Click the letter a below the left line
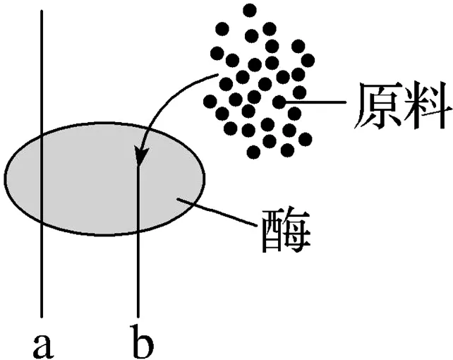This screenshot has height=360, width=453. click(43, 344)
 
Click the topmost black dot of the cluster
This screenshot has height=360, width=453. click(249, 10)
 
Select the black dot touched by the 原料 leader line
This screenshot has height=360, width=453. click(279, 102)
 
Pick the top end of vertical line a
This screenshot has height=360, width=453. click(42, 11)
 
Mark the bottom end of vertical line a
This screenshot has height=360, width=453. click(42, 316)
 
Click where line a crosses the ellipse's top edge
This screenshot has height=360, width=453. click(42, 132)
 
